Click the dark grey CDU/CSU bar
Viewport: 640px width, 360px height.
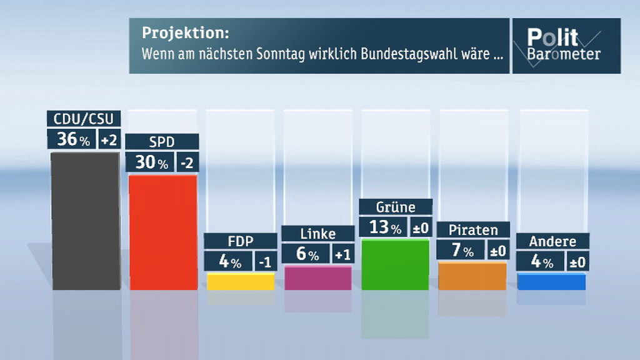click(x=85, y=220)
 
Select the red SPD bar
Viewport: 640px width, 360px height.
click(x=162, y=232)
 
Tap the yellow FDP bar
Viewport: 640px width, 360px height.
click(x=241, y=282)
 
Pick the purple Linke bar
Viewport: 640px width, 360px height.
click(x=317, y=278)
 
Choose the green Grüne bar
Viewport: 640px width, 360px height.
click(x=395, y=264)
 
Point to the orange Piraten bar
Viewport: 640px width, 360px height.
click(x=472, y=276)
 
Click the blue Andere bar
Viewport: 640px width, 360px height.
click(x=551, y=282)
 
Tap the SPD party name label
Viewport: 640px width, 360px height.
click(x=162, y=142)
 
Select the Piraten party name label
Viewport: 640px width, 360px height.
click(x=474, y=229)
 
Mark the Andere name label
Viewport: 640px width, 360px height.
click(x=552, y=241)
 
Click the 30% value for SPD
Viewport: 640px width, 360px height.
click(x=152, y=162)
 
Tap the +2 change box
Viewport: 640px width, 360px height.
click(x=109, y=139)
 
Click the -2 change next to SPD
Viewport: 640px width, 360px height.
click(x=187, y=162)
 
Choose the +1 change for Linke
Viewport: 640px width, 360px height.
click(x=342, y=254)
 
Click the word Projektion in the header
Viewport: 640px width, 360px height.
click(x=185, y=32)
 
